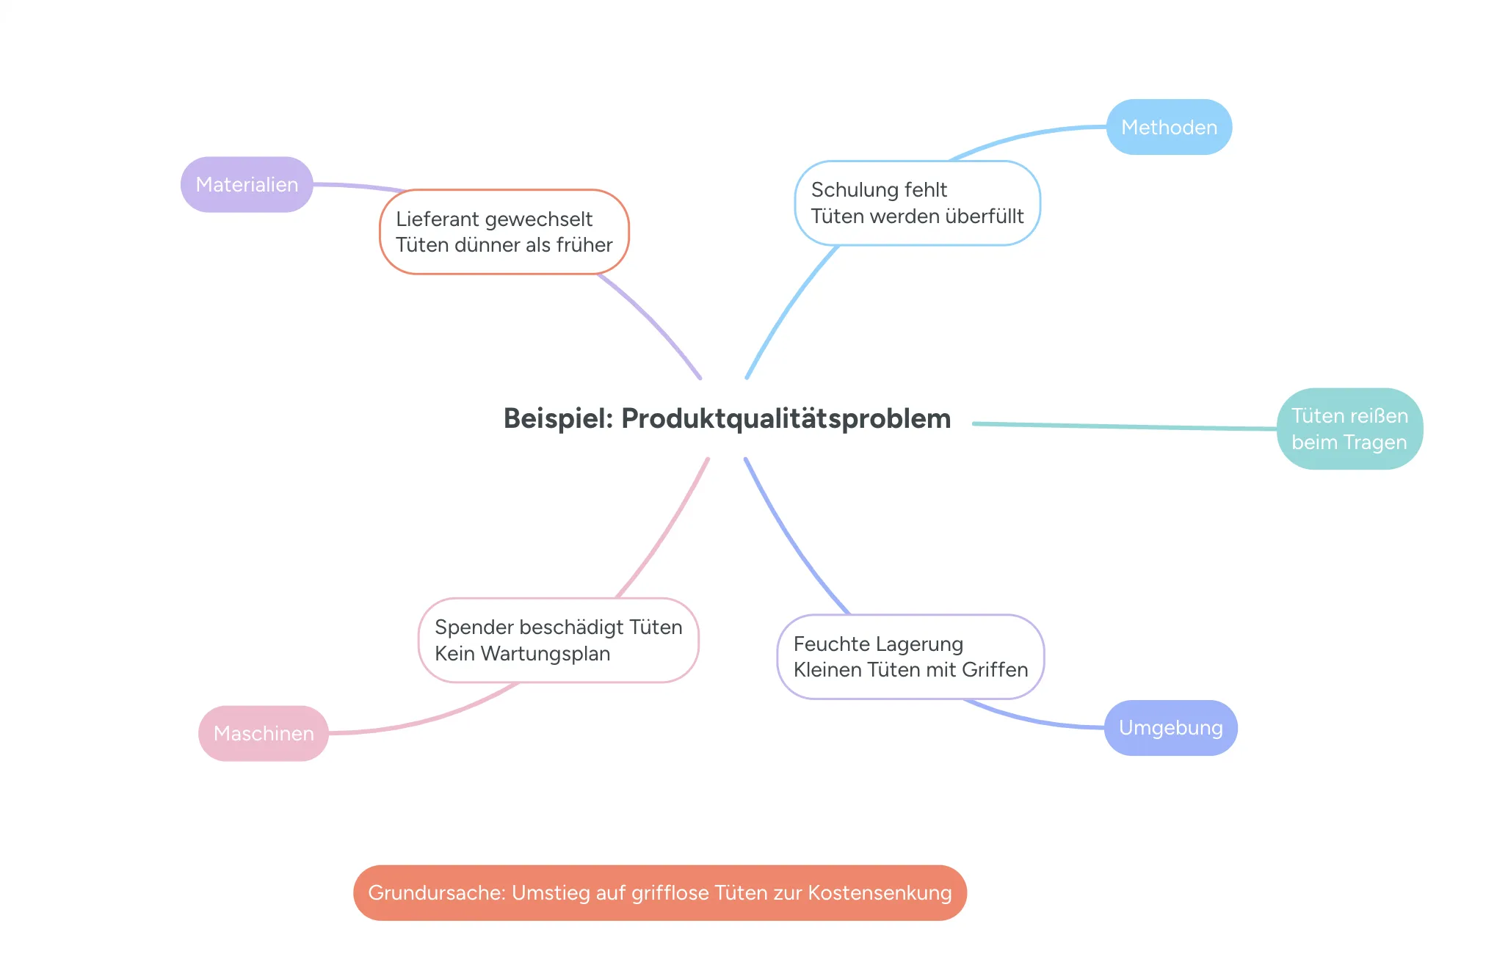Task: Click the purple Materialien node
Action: [x=247, y=184]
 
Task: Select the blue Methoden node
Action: [x=1169, y=127]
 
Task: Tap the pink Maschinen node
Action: [x=264, y=733]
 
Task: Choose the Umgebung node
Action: [x=1170, y=727]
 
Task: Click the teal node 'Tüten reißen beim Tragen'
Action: [x=1349, y=429]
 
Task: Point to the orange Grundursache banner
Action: [x=660, y=892]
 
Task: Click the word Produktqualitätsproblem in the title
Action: [x=786, y=418]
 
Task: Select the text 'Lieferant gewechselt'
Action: [x=494, y=219]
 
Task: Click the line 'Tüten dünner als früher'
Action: [x=504, y=244]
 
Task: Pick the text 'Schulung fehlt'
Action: [x=879, y=189]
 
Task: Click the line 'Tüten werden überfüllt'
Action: [x=917, y=216]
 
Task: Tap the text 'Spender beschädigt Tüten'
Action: [x=558, y=627]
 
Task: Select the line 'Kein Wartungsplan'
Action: [x=522, y=653]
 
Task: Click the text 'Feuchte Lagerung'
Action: [x=878, y=644]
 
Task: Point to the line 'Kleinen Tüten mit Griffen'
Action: [x=910, y=669]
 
